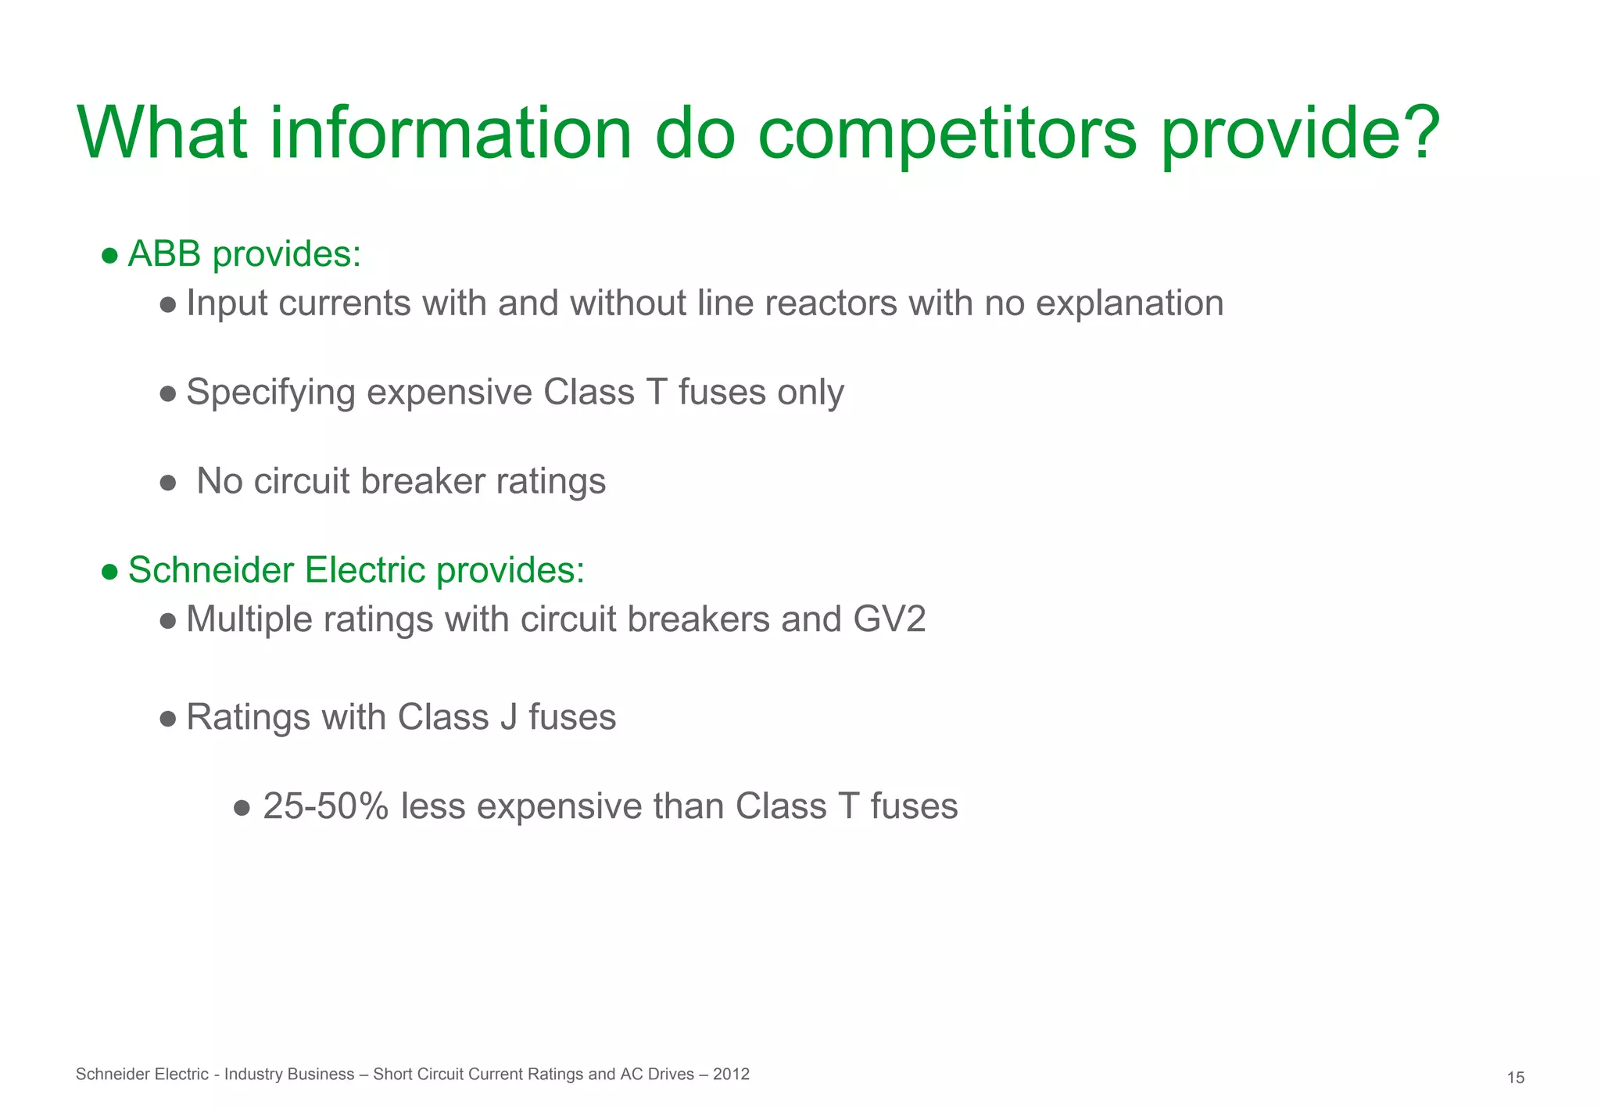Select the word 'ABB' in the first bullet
(x=164, y=254)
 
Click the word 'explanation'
(x=1130, y=303)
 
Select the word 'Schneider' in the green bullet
(x=210, y=570)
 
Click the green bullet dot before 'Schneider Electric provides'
(x=110, y=572)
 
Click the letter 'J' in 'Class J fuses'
(x=508, y=717)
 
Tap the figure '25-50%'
(x=325, y=806)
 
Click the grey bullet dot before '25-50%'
(x=242, y=807)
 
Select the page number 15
(x=1515, y=1078)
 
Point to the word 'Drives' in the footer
(x=669, y=1074)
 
